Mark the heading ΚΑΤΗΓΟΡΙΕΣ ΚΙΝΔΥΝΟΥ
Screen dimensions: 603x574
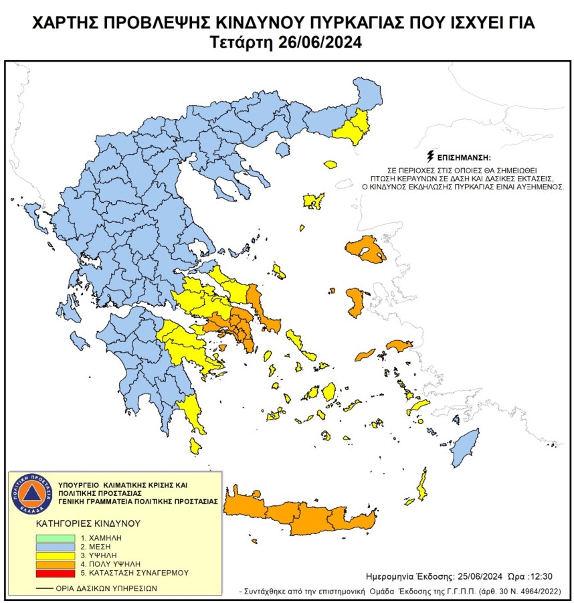point(80,523)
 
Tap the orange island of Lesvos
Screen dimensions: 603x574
point(367,250)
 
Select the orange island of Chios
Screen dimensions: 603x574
point(355,302)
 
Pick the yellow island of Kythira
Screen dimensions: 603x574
point(195,445)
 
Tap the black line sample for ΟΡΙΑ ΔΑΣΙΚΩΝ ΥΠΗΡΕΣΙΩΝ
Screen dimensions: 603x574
point(45,588)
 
